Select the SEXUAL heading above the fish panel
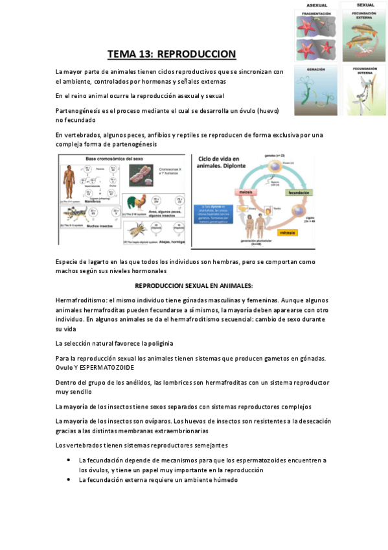[x=365, y=5]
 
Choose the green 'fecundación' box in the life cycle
[x=299, y=193]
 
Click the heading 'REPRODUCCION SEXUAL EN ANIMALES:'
[x=194, y=285]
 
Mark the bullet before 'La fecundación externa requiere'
[x=69, y=480]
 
